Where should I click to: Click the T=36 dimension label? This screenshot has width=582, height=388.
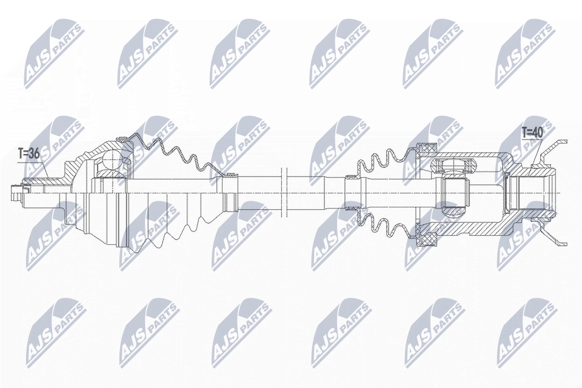pyautogui.click(x=28, y=154)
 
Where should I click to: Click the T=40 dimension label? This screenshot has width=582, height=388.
pyautogui.click(x=532, y=132)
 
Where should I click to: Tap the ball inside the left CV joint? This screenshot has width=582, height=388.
pyautogui.click(x=112, y=160)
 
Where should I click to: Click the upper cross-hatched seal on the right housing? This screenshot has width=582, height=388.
pyautogui.click(x=429, y=149)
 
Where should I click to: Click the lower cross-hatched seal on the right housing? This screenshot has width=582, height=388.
pyautogui.click(x=429, y=238)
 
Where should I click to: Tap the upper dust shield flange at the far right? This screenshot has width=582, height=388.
pyautogui.click(x=555, y=148)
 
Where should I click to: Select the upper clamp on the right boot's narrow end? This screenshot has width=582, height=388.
pyautogui.click(x=350, y=178)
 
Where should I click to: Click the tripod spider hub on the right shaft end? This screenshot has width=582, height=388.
pyautogui.click(x=453, y=193)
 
